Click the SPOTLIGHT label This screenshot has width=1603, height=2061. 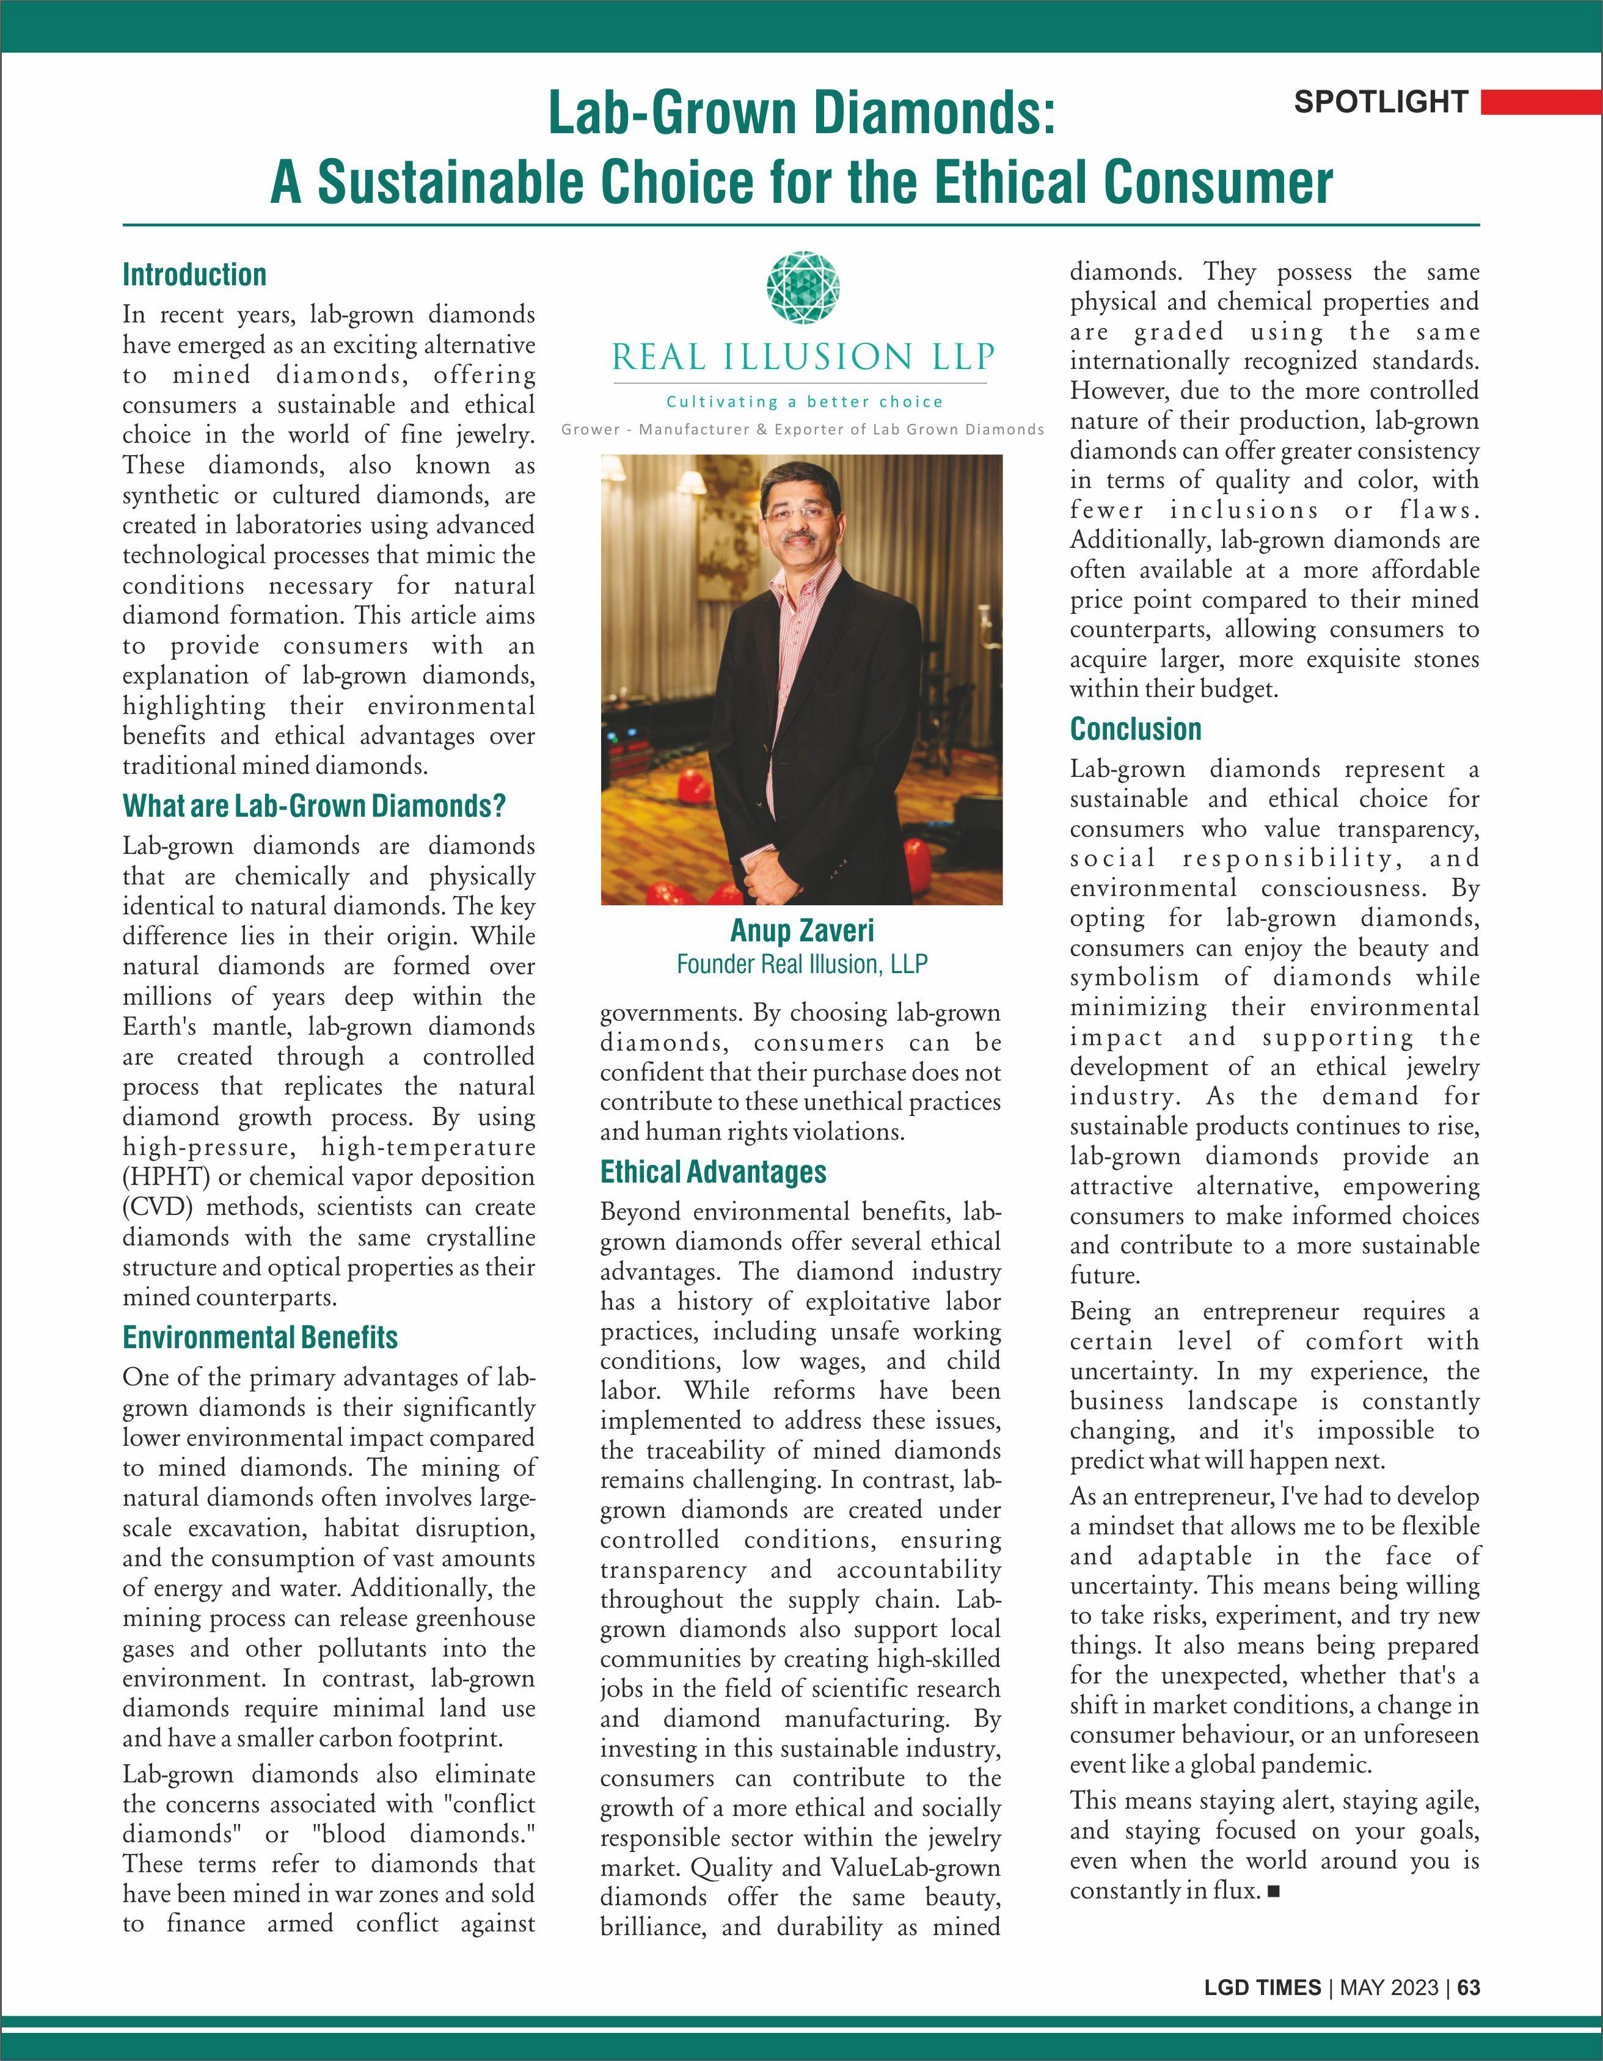(x=1381, y=102)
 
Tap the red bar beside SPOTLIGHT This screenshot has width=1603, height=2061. (x=1541, y=102)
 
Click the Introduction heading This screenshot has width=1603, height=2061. (x=194, y=275)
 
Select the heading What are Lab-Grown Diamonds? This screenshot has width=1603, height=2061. (x=314, y=806)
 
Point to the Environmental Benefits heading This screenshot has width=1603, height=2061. (x=260, y=1337)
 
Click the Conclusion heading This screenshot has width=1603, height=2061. (x=1135, y=729)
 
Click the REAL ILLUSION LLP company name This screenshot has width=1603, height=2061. (x=802, y=358)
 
